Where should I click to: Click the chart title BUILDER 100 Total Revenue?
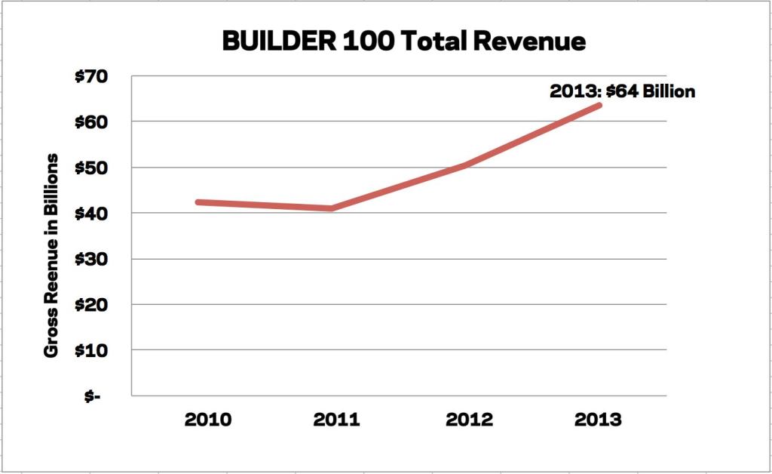pyautogui.click(x=403, y=41)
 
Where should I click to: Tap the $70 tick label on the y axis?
pyautogui.click(x=92, y=76)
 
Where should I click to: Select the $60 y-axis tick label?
pyautogui.click(x=92, y=122)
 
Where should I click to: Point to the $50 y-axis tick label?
pyautogui.click(x=92, y=168)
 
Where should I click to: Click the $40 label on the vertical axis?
pyautogui.click(x=92, y=214)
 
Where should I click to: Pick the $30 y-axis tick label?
pyautogui.click(x=92, y=259)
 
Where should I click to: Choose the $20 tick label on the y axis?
pyautogui.click(x=92, y=305)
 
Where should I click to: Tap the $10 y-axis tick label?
pyautogui.click(x=92, y=351)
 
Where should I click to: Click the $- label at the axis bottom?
pyautogui.click(x=93, y=396)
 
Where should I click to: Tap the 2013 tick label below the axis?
pyautogui.click(x=600, y=419)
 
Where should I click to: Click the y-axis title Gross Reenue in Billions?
pyautogui.click(x=52, y=256)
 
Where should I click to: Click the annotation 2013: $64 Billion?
pyautogui.click(x=621, y=92)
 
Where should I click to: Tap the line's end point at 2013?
pyautogui.click(x=599, y=105)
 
